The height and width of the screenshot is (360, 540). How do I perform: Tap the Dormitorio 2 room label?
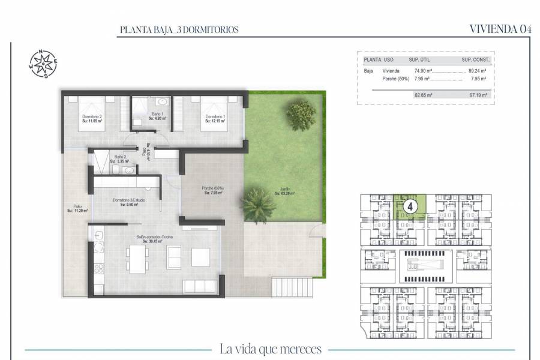click(92, 118)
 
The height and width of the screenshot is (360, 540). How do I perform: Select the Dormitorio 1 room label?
click(214, 118)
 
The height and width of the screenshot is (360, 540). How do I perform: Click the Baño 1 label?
click(158, 116)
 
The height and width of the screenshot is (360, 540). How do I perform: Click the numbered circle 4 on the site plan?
click(410, 206)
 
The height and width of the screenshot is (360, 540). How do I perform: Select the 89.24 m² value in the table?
click(476, 70)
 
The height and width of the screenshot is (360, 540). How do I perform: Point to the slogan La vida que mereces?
click(271, 349)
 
